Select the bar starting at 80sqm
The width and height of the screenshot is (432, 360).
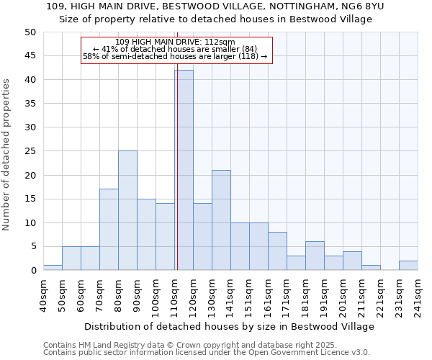coord(127,210)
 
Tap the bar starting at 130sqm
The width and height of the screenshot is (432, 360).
coord(221,220)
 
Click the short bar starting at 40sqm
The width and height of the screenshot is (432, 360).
coord(53,268)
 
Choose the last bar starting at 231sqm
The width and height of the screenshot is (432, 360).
coord(408,266)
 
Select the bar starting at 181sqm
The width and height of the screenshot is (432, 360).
coord(315,256)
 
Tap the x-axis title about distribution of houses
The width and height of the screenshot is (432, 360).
coord(229,326)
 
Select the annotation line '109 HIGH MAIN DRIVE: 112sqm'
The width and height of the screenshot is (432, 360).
coord(175,42)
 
